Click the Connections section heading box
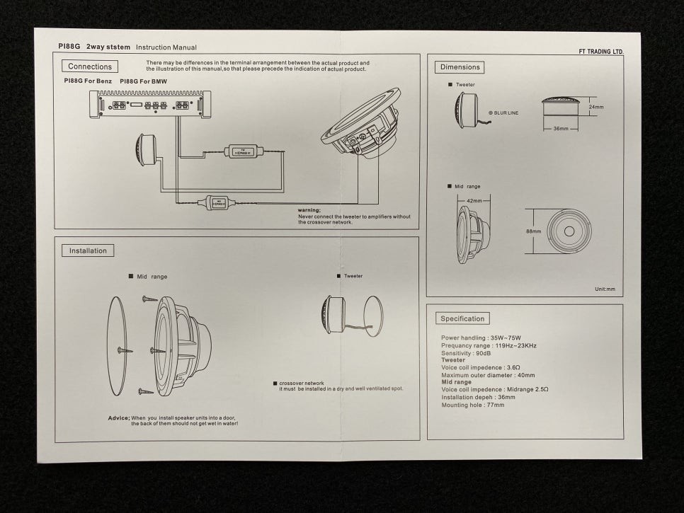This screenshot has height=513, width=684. (x=90, y=67)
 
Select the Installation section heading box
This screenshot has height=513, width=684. (x=88, y=250)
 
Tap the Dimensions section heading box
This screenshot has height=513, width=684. (x=460, y=67)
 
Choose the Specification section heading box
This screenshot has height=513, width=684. (x=462, y=318)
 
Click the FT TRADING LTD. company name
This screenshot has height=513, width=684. (x=600, y=52)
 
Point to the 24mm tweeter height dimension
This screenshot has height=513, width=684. (x=596, y=108)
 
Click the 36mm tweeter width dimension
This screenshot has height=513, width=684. (x=561, y=129)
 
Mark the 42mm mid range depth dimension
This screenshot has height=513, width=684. (x=474, y=201)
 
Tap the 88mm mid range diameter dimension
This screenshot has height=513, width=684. (x=533, y=231)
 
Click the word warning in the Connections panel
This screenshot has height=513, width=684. (x=309, y=210)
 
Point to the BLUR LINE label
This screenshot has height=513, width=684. (x=506, y=113)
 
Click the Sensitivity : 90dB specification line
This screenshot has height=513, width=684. (x=467, y=352)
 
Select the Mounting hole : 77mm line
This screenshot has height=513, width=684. (x=473, y=405)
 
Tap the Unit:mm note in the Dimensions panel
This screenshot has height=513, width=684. (x=605, y=289)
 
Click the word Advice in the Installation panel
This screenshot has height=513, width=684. (x=118, y=417)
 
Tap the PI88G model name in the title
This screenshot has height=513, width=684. (x=69, y=47)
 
